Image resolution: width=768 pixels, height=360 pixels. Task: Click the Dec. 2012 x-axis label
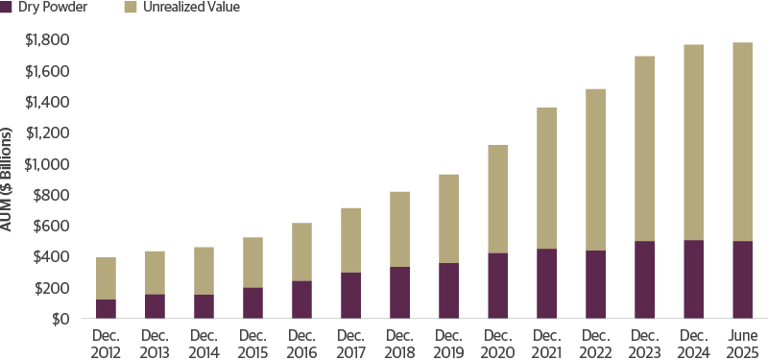[x=106, y=343]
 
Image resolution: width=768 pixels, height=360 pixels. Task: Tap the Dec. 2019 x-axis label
[x=448, y=343]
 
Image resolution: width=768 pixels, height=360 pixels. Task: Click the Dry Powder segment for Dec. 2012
[x=106, y=308]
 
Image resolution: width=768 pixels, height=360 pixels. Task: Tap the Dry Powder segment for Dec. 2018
[x=399, y=292]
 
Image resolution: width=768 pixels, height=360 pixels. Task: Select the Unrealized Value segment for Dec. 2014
[x=204, y=271]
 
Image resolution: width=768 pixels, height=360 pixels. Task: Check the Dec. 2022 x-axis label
[x=595, y=343]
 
